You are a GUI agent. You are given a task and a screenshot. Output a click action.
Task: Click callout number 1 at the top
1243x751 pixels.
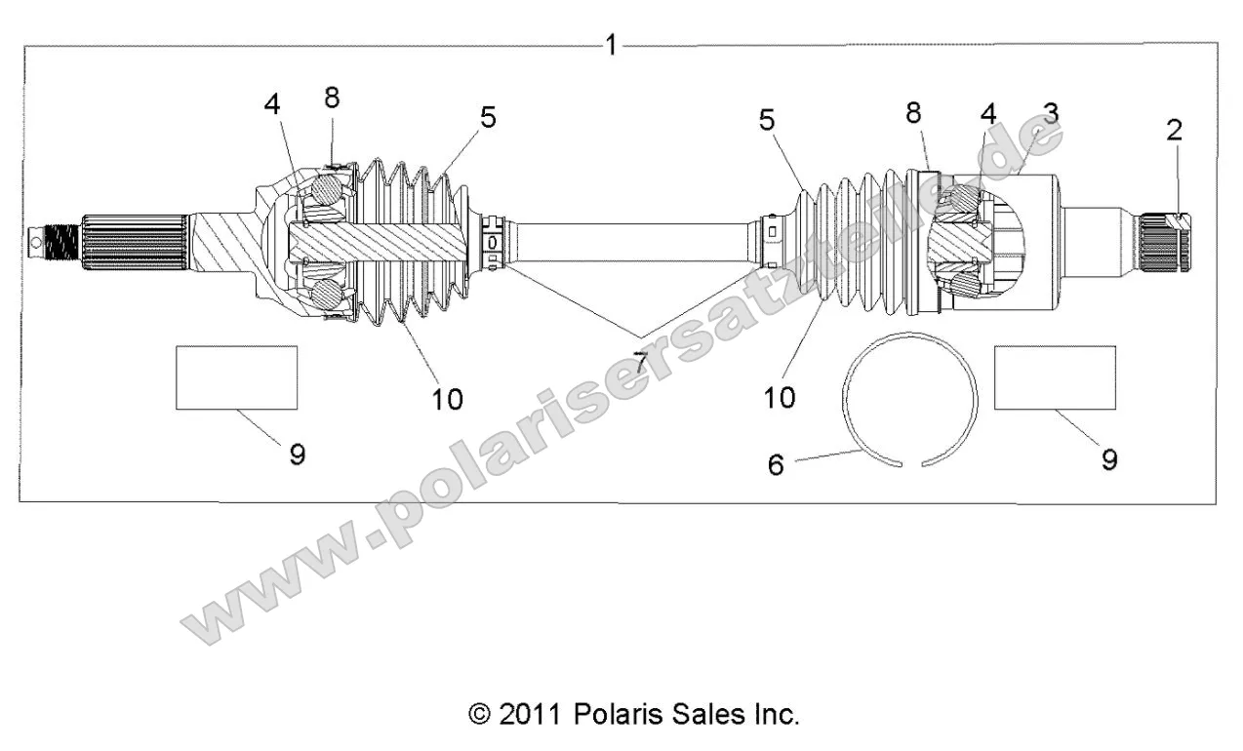click(x=612, y=45)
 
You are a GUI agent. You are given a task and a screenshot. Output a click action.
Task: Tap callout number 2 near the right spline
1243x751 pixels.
click(x=1174, y=130)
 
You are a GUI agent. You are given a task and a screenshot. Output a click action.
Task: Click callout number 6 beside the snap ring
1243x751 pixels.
click(x=776, y=464)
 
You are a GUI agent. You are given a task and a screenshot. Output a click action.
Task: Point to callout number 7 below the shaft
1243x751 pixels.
click(x=640, y=362)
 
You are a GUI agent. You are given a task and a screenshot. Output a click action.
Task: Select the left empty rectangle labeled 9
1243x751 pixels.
click(x=236, y=376)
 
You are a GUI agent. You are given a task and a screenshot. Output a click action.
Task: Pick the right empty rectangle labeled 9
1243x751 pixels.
click(x=1055, y=376)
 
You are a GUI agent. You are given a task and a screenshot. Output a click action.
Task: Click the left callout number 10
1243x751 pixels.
click(x=447, y=398)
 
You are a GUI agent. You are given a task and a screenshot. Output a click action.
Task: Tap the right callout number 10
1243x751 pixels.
click(x=780, y=396)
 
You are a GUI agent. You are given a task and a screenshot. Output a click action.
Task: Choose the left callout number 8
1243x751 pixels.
click(x=332, y=98)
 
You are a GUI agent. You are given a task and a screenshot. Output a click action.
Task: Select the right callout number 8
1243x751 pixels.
click(x=913, y=113)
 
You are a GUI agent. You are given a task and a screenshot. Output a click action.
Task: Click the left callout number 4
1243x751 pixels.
click(x=272, y=103)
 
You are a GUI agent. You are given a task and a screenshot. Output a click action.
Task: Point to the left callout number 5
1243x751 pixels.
click(x=488, y=118)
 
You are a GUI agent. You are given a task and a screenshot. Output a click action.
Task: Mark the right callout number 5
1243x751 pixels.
click(x=767, y=120)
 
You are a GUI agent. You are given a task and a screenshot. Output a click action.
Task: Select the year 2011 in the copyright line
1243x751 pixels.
click(x=529, y=714)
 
